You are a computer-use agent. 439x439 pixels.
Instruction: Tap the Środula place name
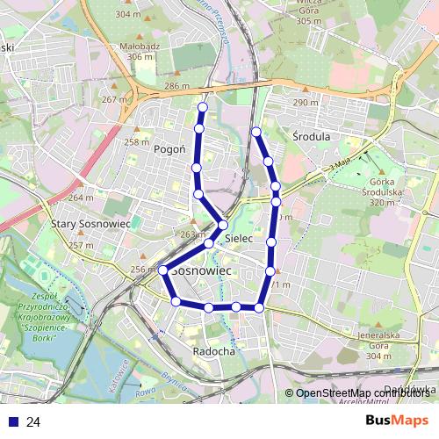point(310,137)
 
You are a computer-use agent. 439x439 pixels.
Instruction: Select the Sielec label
point(239,238)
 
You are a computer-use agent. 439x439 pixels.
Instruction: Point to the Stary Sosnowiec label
point(91,224)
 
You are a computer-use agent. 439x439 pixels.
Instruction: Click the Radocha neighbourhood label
point(213,351)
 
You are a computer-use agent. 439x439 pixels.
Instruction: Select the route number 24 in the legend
point(33,422)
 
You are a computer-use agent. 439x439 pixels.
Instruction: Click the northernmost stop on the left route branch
point(203,108)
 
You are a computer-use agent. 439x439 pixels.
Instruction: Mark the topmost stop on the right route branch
point(256,132)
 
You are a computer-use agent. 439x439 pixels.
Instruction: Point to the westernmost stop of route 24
point(163,270)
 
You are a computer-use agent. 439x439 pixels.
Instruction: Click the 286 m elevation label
point(176,86)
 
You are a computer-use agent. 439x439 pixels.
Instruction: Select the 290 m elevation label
point(306,103)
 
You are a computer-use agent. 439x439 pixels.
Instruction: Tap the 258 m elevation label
point(136,142)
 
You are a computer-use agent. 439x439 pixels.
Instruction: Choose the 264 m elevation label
point(81,198)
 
